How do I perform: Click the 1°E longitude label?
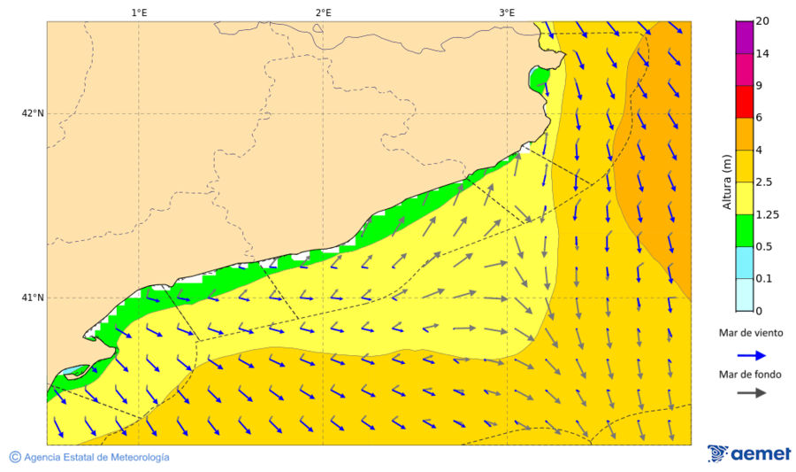pyautogui.click(x=139, y=12)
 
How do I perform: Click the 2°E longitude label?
pyautogui.click(x=323, y=12)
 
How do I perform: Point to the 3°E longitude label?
pyautogui.click(x=507, y=12)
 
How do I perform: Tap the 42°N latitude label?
pyautogui.click(x=34, y=113)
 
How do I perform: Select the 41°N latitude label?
pyautogui.click(x=34, y=298)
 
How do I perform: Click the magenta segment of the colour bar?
pyautogui.click(x=744, y=37)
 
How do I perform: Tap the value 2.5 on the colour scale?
pyautogui.click(x=764, y=182)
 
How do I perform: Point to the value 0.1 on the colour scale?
pyautogui.click(x=763, y=279)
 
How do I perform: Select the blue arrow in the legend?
pyautogui.click(x=751, y=354)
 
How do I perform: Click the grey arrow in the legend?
pyautogui.click(x=751, y=393)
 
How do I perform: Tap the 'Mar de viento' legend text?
pyautogui.click(x=751, y=334)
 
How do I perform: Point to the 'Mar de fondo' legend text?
pyautogui.click(x=751, y=374)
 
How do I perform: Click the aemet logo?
pyautogui.click(x=749, y=453)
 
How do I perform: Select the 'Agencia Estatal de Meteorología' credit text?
pyautogui.click(x=96, y=457)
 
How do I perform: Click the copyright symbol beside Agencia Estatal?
pyautogui.click(x=15, y=457)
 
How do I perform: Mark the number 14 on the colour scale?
pyautogui.click(x=762, y=54)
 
